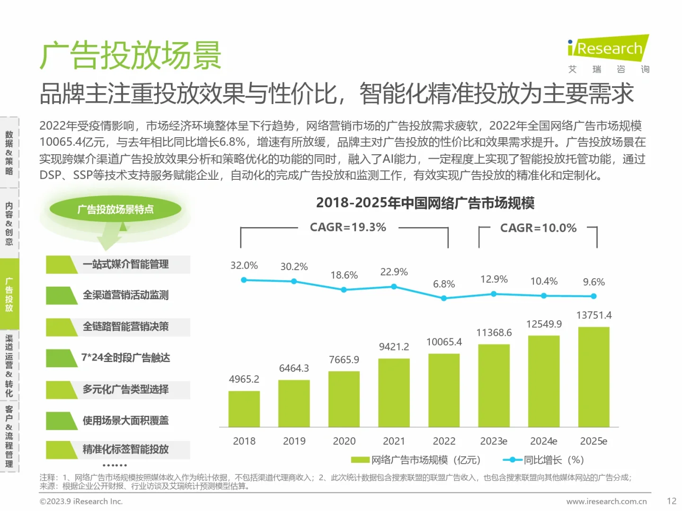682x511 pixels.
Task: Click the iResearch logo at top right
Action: tap(608, 49)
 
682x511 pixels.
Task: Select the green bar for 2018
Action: tap(244, 409)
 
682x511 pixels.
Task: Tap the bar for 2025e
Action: tap(593, 377)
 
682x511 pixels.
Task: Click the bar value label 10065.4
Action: tap(444, 342)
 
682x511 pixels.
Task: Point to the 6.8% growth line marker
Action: tap(444, 299)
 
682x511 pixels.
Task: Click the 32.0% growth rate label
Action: tap(244, 265)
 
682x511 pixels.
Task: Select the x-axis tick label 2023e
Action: tap(494, 441)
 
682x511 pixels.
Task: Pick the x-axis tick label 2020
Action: tap(344, 441)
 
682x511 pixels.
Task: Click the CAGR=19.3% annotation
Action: tap(348, 228)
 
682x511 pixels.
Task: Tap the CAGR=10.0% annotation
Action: tap(538, 228)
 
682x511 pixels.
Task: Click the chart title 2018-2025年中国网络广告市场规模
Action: tap(425, 203)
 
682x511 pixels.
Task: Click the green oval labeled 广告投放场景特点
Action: tap(115, 210)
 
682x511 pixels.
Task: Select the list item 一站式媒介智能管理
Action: tap(125, 264)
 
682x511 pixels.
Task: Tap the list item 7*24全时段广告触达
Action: tap(125, 358)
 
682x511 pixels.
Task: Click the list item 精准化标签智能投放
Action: tap(125, 449)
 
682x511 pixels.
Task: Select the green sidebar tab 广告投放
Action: tap(9, 294)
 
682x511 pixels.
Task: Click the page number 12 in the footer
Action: tap(671, 501)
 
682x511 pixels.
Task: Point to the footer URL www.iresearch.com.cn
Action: tap(606, 502)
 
